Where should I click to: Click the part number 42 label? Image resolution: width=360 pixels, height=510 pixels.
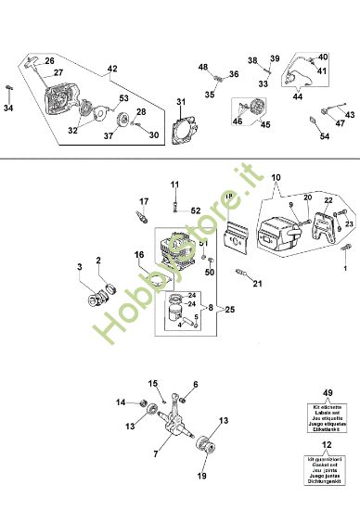click(x=112, y=69)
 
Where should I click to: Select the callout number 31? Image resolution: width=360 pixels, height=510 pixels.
click(x=182, y=100)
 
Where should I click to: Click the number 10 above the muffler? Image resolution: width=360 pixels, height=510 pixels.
click(x=275, y=177)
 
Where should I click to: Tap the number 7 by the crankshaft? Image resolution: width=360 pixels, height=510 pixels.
click(x=155, y=453)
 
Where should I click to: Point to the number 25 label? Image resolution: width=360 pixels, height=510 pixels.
click(x=229, y=308)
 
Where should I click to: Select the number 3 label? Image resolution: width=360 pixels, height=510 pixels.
click(x=80, y=267)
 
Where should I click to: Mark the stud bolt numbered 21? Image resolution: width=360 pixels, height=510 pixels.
click(x=244, y=275)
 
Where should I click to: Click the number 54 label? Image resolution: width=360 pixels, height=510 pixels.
click(x=325, y=137)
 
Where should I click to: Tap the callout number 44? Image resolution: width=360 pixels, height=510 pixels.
click(x=298, y=96)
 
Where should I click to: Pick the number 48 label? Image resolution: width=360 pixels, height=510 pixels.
click(x=203, y=67)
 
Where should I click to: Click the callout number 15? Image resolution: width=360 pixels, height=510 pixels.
click(x=154, y=382)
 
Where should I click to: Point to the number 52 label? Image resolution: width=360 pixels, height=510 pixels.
click(x=196, y=210)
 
